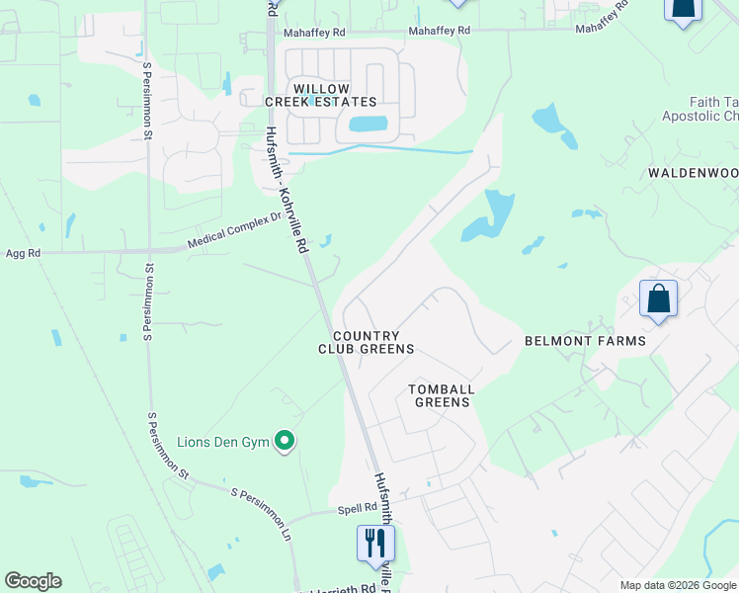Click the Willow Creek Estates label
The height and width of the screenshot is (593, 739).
pos(320,94)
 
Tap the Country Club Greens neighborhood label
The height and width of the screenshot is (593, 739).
pos(366,342)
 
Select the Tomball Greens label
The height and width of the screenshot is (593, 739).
pos(442,395)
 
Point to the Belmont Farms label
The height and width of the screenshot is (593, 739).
pos(585,341)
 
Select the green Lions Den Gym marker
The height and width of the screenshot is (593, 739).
pos(286,441)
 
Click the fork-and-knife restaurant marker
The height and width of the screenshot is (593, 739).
pos(375,543)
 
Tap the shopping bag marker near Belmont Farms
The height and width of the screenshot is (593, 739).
pos(659,298)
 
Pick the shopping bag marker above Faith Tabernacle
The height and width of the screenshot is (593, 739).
pos(683,8)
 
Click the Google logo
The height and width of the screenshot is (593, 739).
pos(33,581)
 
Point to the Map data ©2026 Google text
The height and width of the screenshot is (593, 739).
pos(677,585)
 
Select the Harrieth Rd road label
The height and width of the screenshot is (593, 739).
pos(345,588)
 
